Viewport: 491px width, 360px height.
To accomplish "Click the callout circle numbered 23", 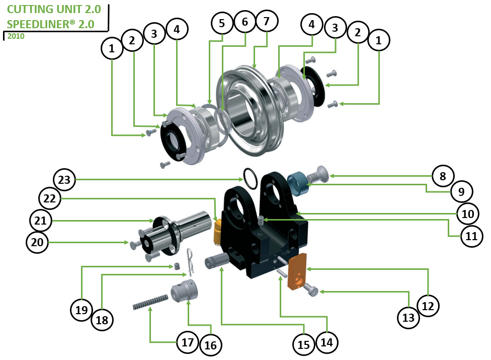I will tap(67, 179).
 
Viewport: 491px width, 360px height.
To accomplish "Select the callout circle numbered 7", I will tap(267, 21).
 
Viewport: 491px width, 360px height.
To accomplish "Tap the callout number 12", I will tap(428, 305).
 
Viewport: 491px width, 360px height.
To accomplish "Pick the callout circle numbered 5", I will tap(222, 23).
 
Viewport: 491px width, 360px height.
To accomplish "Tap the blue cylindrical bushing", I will tap(298, 184).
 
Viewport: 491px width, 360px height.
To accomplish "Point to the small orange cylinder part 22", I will tap(218, 229).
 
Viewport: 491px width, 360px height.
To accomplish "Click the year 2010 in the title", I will tap(16, 36).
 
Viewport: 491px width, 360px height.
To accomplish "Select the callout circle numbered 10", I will tap(468, 214).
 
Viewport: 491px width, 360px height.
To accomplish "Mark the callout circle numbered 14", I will tap(327, 342).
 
